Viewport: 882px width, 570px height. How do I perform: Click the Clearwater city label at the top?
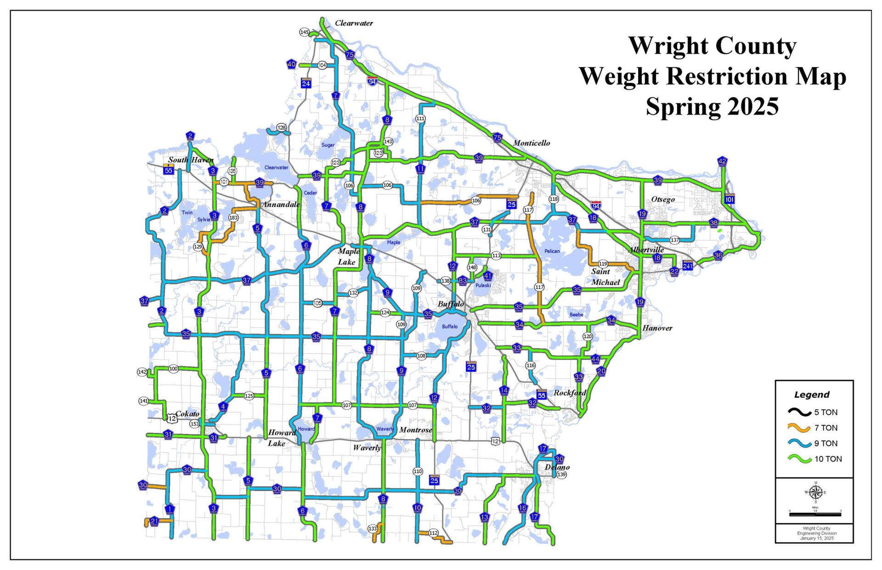pos(354,23)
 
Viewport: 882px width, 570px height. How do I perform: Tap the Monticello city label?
pos(531,143)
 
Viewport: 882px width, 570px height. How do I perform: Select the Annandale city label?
pos(281,204)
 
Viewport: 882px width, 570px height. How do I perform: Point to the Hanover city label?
pos(657,328)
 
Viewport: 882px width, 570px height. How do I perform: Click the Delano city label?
pos(557,467)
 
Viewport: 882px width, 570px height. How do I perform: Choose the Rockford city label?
pos(570,392)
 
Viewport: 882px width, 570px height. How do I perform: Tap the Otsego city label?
pos(663,199)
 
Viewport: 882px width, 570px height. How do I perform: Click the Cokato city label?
pos(187,414)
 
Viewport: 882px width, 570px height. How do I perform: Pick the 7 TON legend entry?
pos(825,428)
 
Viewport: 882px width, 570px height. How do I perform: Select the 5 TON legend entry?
pos(825,412)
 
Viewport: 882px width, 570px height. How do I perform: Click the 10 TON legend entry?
pos(828,459)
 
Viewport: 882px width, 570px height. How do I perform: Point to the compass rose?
pos(815,492)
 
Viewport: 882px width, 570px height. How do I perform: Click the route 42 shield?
pos(722,161)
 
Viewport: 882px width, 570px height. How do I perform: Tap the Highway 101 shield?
pos(729,199)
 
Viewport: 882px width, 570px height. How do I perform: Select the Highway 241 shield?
pos(688,266)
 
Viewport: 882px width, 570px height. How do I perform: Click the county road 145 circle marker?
pos(304,32)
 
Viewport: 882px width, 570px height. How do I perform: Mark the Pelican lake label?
pos(552,251)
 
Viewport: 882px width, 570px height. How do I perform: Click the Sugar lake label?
pos(328,145)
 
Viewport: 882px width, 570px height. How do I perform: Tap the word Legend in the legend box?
pos(812,395)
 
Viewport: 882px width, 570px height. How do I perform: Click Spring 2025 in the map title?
pos(712,106)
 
